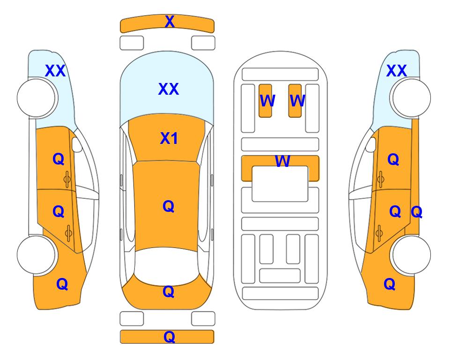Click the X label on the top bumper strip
coord(170,22)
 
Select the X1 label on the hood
coord(169,138)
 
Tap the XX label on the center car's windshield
coord(169,89)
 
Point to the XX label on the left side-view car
coord(55,71)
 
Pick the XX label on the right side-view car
coord(396,71)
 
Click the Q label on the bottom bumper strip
coord(169,337)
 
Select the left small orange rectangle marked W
coord(265,101)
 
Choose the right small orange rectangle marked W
coord(295,101)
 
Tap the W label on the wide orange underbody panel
coord(282,161)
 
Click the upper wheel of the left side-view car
coord(36,98)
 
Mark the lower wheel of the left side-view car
coord(36,255)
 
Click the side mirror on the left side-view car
coord(77,144)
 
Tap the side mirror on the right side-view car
coord(371,144)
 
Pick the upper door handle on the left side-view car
coord(67,179)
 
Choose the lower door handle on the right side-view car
coord(379,233)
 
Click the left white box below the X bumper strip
coord(132,43)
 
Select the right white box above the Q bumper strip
coord(203,319)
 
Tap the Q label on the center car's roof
coord(169,206)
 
